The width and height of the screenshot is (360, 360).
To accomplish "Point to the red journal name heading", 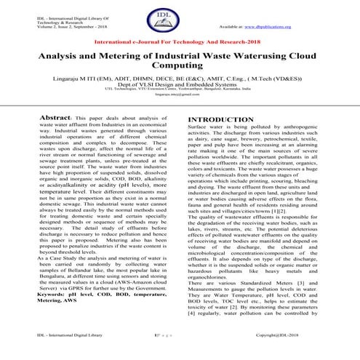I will click(x=180, y=44).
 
